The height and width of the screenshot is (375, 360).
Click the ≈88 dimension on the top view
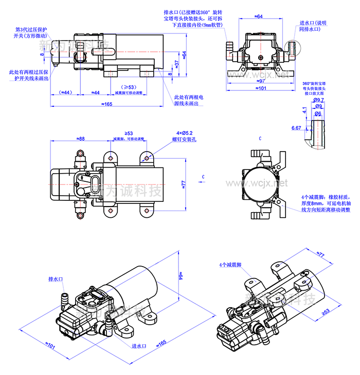tap(81, 137)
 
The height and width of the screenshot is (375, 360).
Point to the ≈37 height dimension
tap(176, 63)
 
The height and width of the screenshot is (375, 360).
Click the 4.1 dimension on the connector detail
tap(304, 110)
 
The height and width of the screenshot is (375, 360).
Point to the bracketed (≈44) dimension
tap(65, 92)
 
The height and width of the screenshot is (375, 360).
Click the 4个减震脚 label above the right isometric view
tap(230, 265)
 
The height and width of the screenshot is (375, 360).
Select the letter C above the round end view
tap(260, 139)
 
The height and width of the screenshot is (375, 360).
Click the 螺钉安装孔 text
tap(184, 139)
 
